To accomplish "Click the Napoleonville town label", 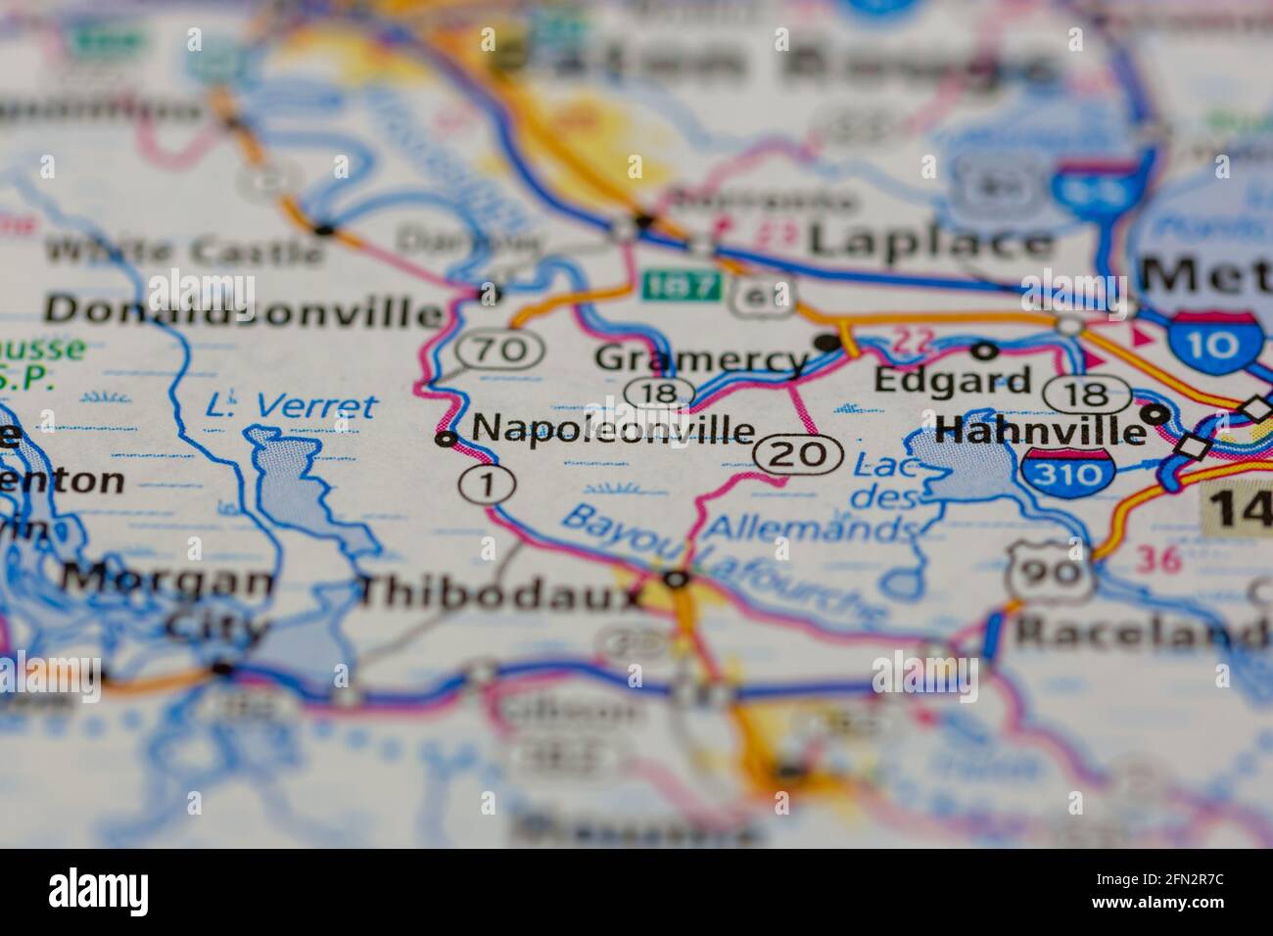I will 614,429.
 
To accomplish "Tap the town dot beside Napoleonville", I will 447,440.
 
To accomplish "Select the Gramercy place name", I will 701,359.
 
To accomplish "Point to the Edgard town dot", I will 985,350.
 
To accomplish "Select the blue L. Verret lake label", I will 292,404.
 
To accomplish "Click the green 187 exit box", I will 682,288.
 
